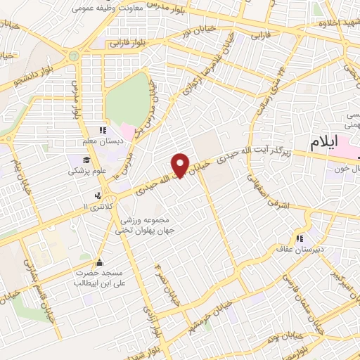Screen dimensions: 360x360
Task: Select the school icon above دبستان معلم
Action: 103,130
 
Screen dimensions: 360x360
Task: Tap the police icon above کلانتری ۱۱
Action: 97,195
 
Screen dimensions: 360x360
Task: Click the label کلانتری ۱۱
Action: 98,205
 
